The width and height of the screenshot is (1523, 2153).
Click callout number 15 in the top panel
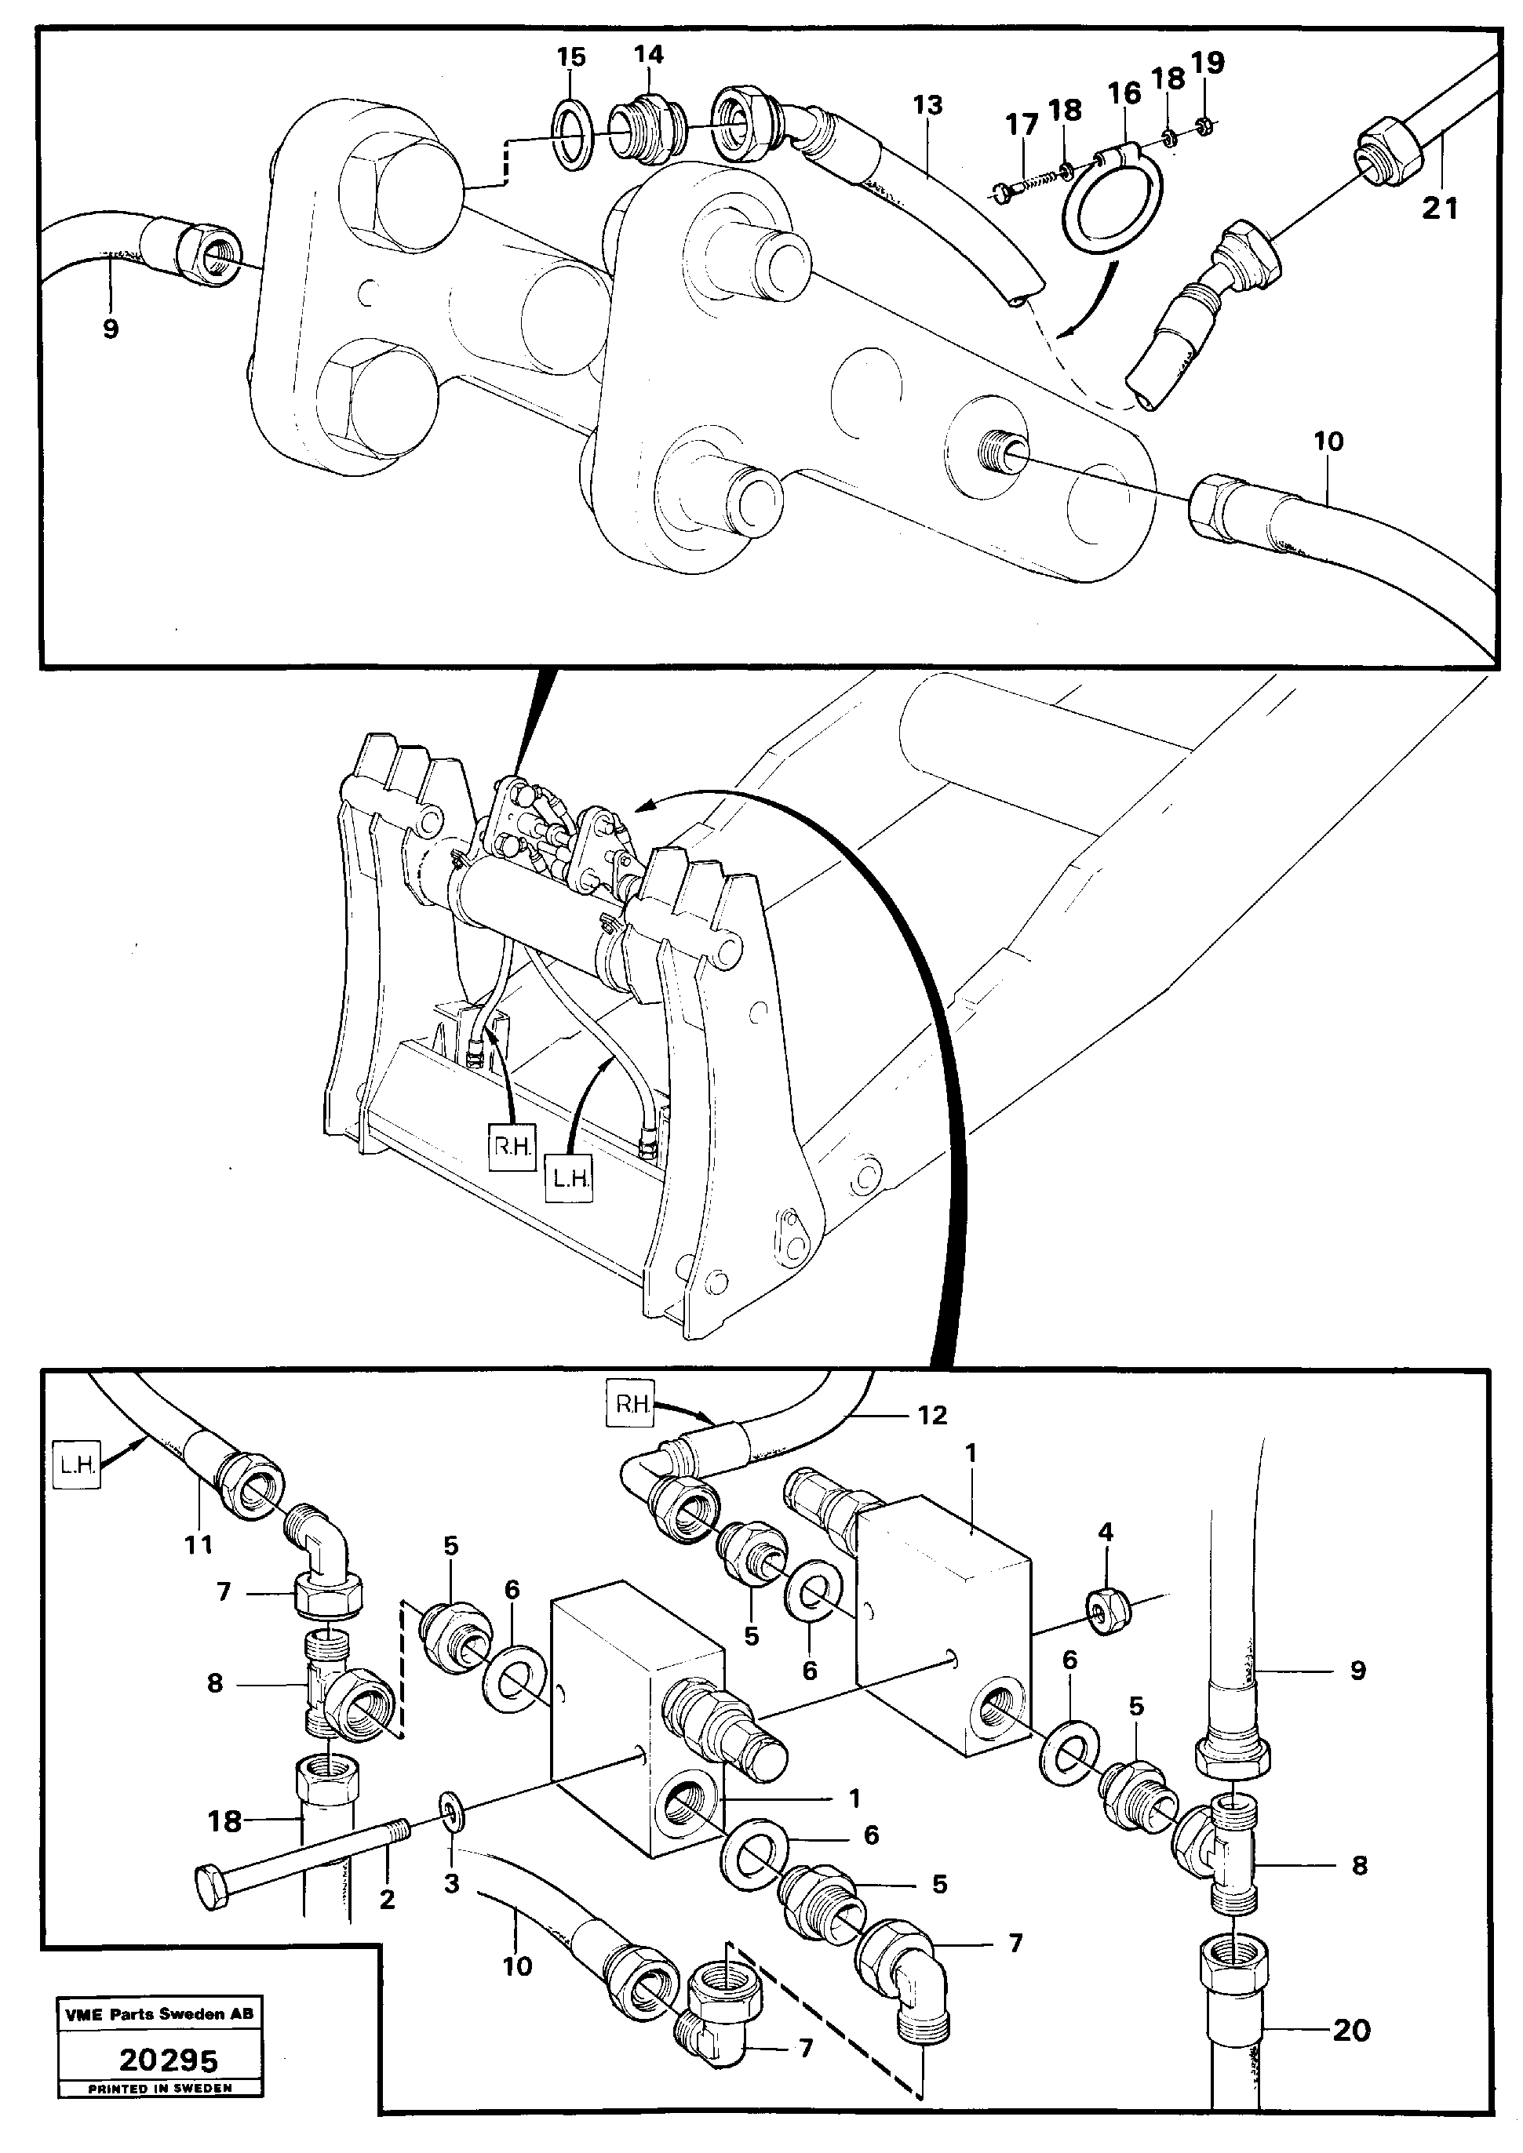[570, 57]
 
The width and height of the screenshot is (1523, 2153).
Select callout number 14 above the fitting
[648, 54]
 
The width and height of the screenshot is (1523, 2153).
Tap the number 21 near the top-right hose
[1441, 208]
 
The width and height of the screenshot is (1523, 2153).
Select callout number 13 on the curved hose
[927, 105]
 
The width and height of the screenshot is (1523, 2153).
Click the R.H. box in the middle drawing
[512, 1146]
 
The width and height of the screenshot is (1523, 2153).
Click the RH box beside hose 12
[632, 1404]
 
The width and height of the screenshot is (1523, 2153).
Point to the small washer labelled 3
[452, 1808]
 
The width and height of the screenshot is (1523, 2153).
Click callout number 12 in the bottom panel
[931, 1414]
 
